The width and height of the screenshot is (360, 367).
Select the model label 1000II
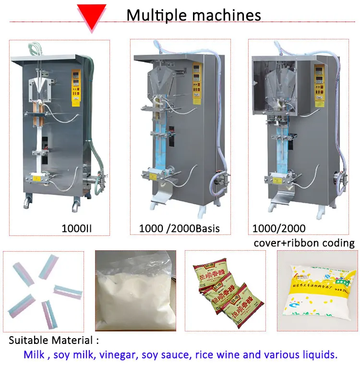(77, 228)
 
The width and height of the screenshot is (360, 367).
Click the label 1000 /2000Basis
(179, 228)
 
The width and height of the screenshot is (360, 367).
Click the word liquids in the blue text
(321, 355)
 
